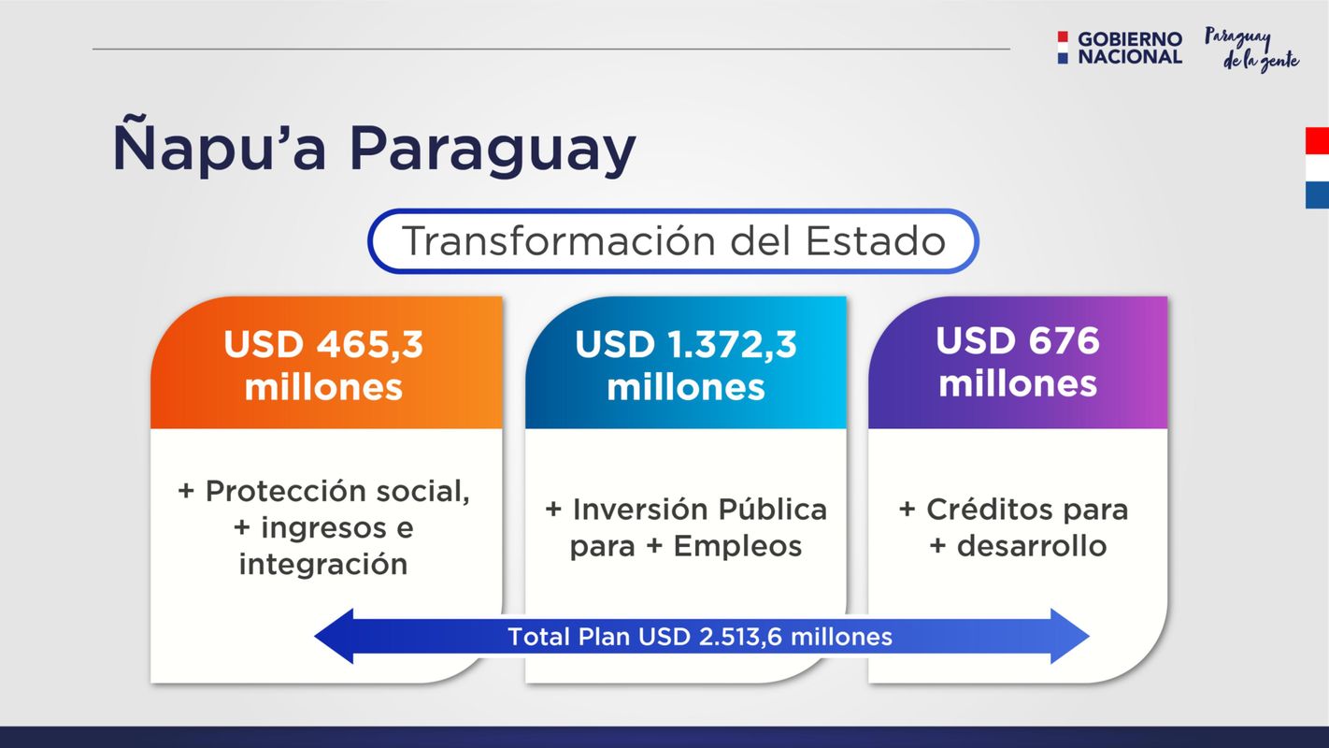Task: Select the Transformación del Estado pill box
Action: click(x=673, y=241)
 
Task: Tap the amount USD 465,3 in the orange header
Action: click(x=323, y=344)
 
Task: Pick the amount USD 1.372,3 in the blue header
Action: click(x=686, y=344)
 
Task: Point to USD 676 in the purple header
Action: click(x=1018, y=340)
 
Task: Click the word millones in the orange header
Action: click(x=323, y=387)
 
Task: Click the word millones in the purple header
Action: click(x=1018, y=383)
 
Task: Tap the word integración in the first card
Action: click(x=323, y=564)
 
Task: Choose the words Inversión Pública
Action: click(x=699, y=510)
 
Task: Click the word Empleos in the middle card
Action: click(x=737, y=546)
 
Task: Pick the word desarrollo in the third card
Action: click(x=1032, y=546)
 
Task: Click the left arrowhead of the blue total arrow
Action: click(x=334, y=637)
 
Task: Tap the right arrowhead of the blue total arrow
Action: click(x=1070, y=637)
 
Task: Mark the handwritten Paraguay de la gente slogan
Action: click(x=1251, y=50)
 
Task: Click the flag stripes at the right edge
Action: click(x=1317, y=168)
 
